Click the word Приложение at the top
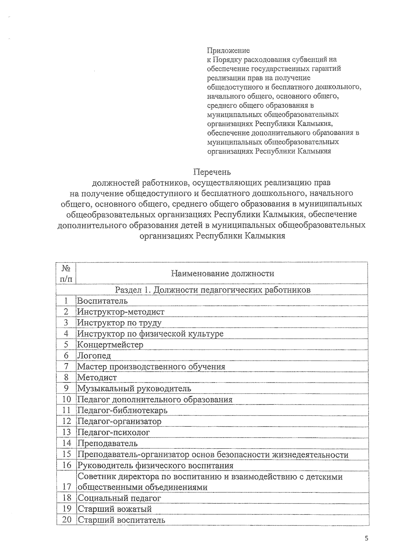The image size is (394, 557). [228, 51]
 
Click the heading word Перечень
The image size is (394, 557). [212, 172]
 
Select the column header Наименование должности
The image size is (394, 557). [222, 273]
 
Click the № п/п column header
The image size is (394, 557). [66, 273]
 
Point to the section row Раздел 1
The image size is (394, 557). [212, 290]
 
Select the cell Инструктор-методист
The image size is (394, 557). [120, 312]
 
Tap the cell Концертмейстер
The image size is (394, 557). [110, 345]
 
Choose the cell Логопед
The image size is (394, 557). [94, 355]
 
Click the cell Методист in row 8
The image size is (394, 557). [97, 377]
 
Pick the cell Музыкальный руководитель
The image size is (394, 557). [134, 389]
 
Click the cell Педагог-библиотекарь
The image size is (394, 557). [122, 411]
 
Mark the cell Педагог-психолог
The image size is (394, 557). [113, 433]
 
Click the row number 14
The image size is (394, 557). [66, 443]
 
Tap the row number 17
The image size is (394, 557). [67, 487]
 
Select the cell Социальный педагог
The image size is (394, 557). [119, 498]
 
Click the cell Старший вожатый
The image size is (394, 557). [115, 509]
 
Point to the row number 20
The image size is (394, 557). [67, 520]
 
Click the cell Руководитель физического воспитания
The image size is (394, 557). [155, 465]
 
